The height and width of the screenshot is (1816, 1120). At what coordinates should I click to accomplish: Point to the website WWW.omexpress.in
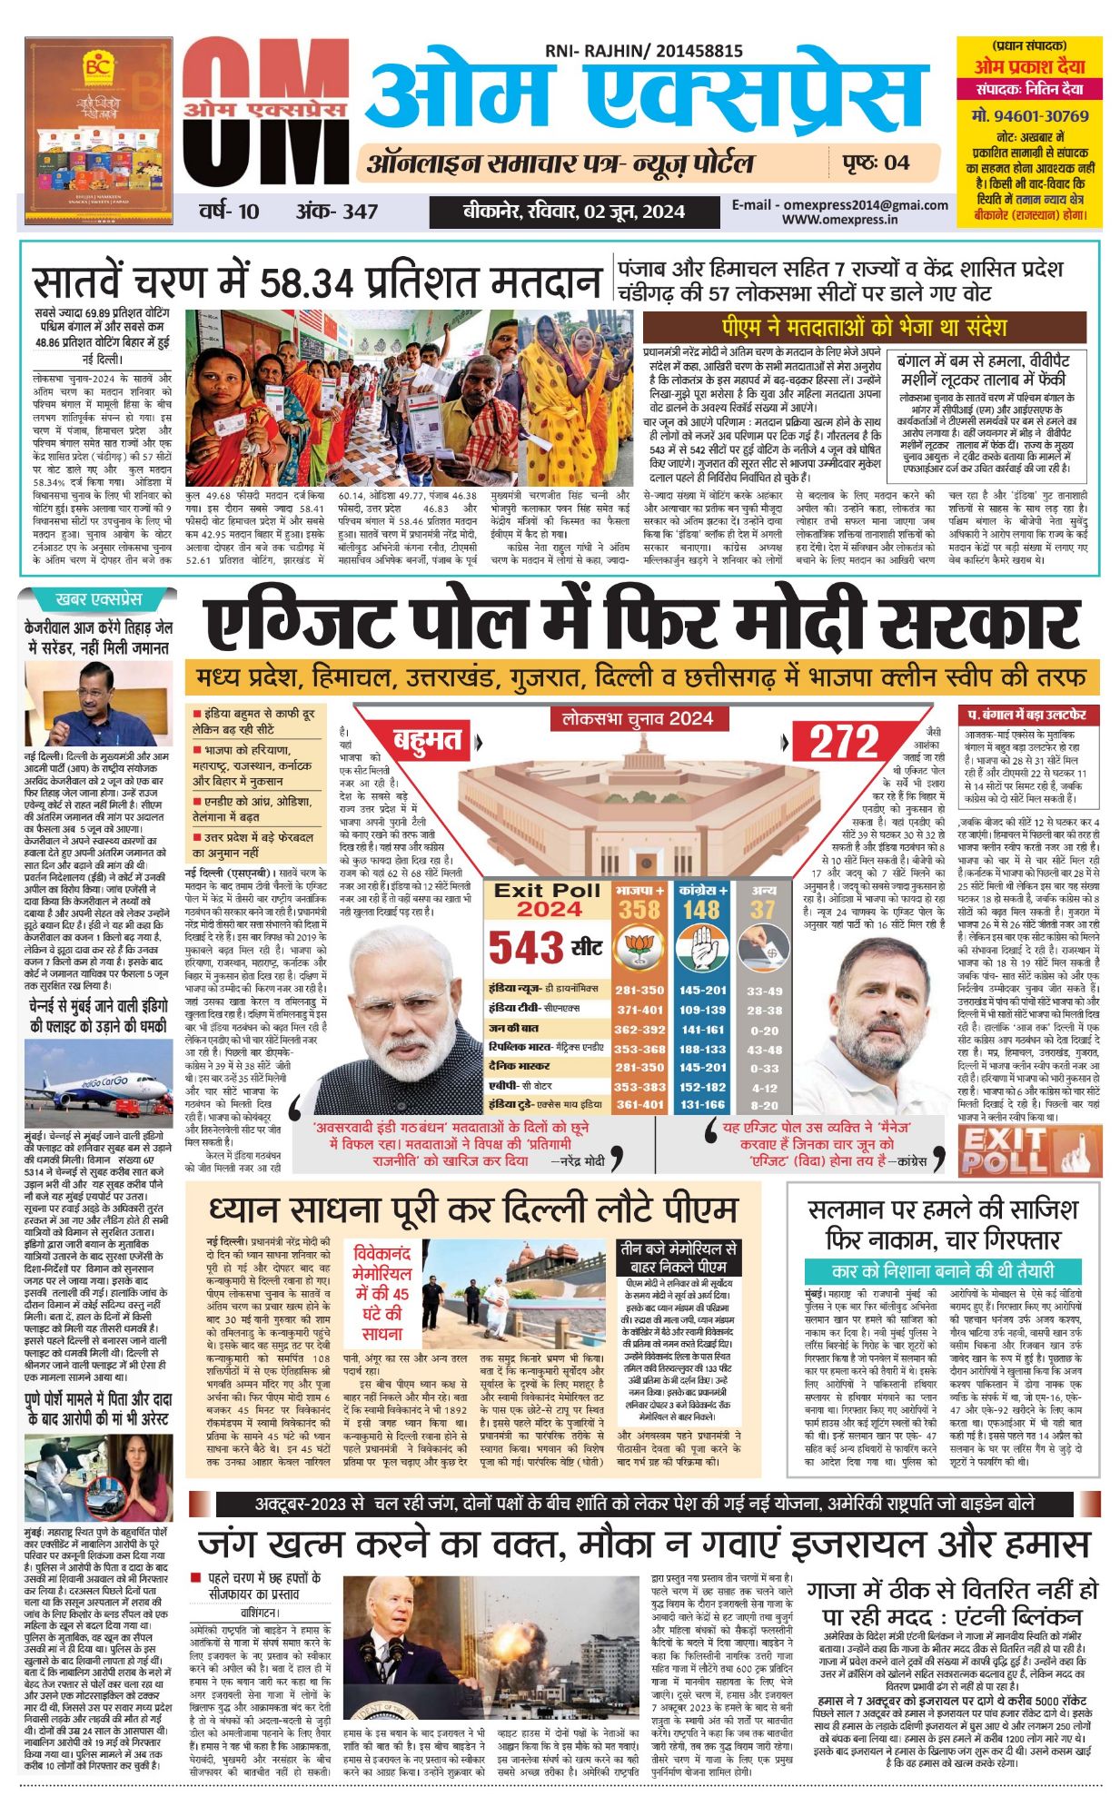(x=839, y=220)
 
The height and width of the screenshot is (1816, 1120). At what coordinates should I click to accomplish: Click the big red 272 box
(x=844, y=743)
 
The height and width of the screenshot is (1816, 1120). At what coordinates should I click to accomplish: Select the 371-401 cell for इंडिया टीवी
(x=639, y=1010)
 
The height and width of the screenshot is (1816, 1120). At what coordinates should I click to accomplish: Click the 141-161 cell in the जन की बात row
(x=702, y=1030)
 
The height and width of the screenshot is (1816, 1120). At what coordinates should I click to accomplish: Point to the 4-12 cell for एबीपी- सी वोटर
(x=764, y=1087)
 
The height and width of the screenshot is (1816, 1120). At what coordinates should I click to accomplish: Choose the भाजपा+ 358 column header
(x=639, y=901)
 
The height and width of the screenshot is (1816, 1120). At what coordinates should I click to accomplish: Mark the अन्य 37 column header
(x=763, y=901)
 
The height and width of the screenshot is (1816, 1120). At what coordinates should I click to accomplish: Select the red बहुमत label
(x=428, y=741)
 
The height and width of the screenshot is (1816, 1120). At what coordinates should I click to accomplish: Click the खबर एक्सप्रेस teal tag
(x=99, y=599)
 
